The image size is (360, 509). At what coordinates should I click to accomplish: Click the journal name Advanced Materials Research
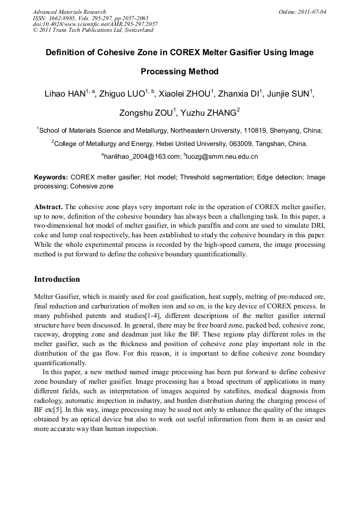pyautogui.click(x=69, y=12)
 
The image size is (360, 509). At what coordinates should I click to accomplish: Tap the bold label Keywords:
pyautogui.click(x=51, y=177)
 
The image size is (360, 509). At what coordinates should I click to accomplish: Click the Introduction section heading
pyautogui.click(x=57, y=280)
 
